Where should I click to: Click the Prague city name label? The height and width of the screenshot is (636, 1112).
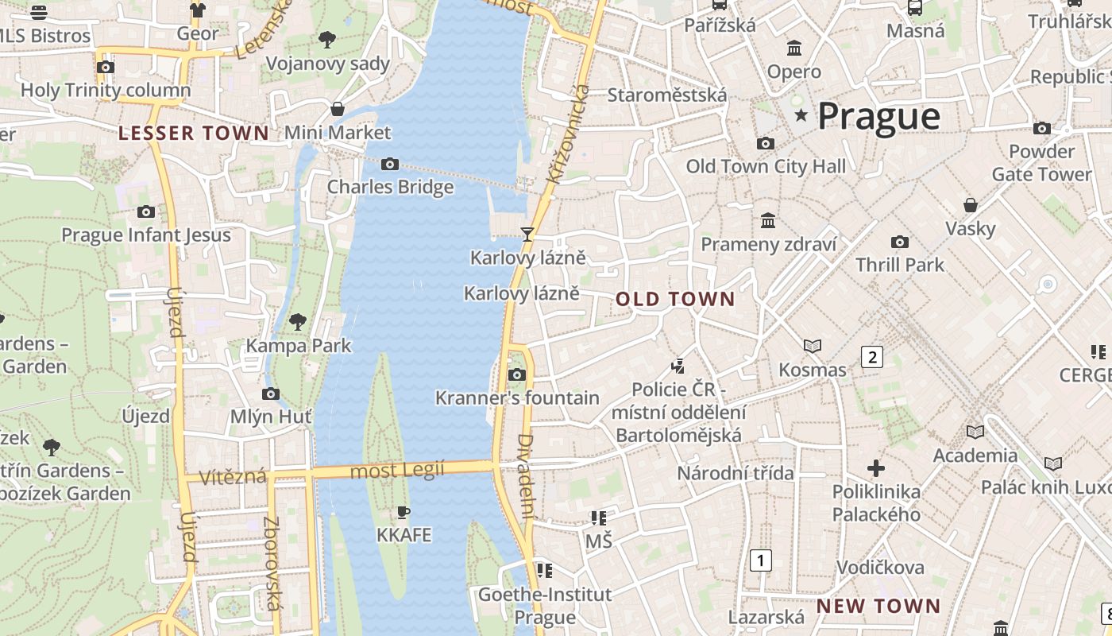coord(878,116)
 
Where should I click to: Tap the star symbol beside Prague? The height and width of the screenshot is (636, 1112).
coord(801,116)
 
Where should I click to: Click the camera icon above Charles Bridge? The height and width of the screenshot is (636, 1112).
coord(389,164)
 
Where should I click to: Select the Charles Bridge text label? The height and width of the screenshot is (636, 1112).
coord(391,187)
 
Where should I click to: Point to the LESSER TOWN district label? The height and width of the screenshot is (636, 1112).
coord(194,133)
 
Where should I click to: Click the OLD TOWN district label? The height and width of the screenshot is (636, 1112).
coord(676,300)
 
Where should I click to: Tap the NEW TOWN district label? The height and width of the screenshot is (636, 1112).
coord(878,606)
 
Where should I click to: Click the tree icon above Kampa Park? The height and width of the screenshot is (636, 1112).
coord(298,322)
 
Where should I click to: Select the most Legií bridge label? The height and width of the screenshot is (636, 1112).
coord(397,471)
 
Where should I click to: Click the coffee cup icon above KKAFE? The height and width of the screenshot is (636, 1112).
coord(403,512)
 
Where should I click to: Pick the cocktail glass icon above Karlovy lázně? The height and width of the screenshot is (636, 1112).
coord(526,234)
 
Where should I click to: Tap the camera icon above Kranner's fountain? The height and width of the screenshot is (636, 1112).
coord(517,374)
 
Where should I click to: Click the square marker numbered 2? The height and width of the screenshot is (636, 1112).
coord(872,357)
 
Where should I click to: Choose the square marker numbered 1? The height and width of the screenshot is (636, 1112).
coord(761,560)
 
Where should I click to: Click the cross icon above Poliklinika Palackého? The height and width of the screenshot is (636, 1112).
coord(876,467)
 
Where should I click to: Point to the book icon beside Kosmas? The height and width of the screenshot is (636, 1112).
coord(812,346)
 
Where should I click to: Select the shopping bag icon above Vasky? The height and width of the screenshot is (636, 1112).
coord(970,205)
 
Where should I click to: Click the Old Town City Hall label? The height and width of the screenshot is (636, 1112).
coord(766,166)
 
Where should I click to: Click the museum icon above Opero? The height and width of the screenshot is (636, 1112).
coord(793,48)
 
